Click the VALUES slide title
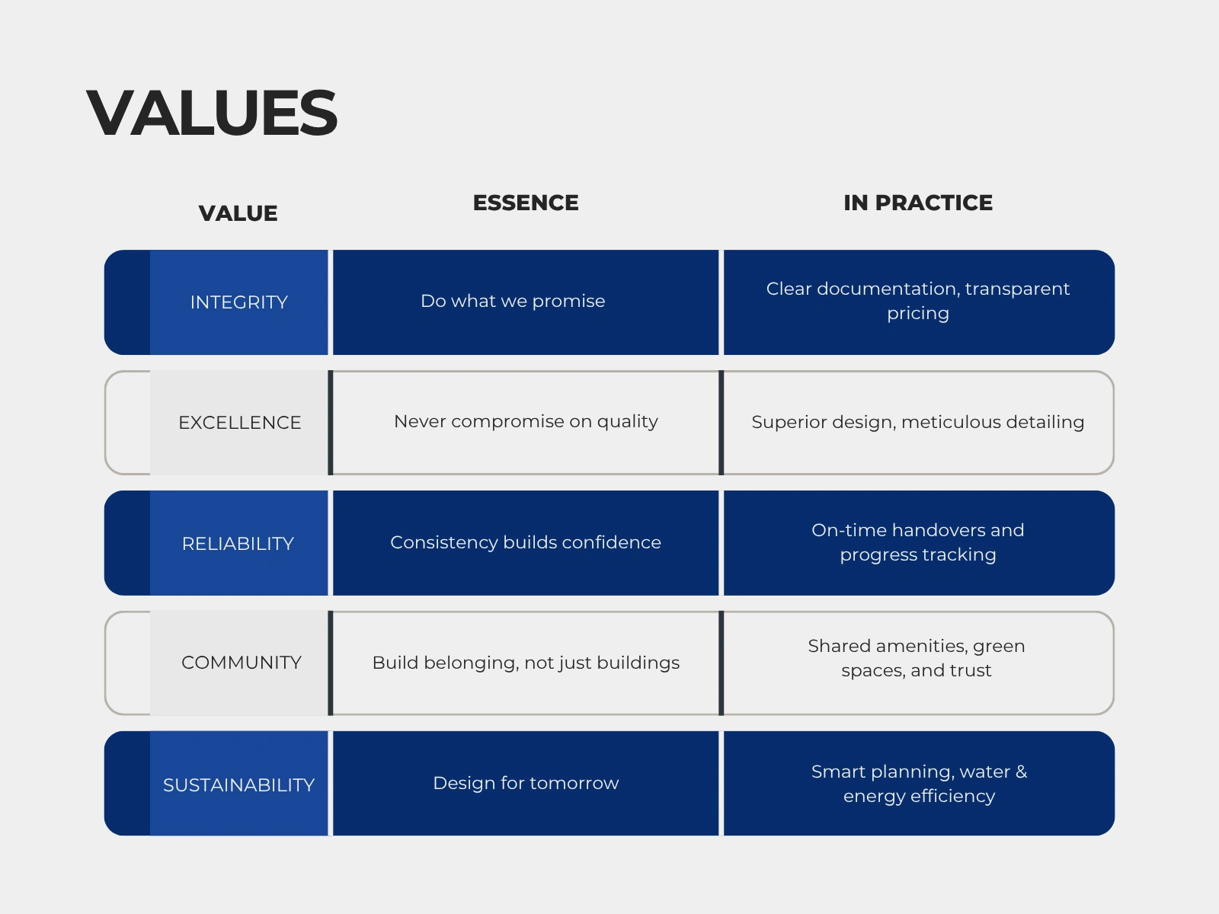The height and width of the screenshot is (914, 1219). (212, 113)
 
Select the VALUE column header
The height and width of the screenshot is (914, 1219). (238, 214)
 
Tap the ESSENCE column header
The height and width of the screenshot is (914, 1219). (526, 203)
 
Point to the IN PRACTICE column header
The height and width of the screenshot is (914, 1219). (917, 203)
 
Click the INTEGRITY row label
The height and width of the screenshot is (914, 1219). (238, 302)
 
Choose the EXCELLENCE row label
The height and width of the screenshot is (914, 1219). (239, 423)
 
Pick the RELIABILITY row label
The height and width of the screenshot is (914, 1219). (238, 544)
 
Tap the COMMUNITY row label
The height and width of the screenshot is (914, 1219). (241, 663)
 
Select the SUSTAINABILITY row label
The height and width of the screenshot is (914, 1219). (238, 785)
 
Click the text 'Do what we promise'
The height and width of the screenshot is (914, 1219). (513, 302)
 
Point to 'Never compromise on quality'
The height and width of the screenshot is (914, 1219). (526, 422)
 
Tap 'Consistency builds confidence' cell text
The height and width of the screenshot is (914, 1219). (526, 542)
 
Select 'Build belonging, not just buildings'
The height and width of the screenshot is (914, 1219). (526, 663)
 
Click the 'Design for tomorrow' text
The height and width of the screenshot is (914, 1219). (526, 783)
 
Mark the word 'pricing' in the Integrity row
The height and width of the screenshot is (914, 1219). (917, 314)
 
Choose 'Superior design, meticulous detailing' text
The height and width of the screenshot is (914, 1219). (917, 422)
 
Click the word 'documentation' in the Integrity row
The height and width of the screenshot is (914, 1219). (886, 289)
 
